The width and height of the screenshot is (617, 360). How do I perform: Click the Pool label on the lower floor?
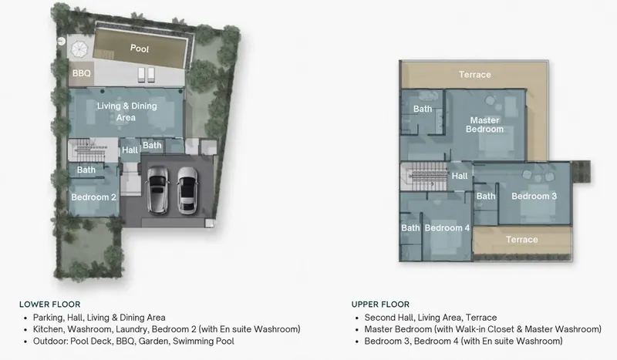tap(140, 49)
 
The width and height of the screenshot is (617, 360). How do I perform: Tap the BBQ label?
tap(82, 73)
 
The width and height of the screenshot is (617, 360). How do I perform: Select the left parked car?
tap(157, 190)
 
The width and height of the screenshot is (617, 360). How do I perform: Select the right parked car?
tap(187, 190)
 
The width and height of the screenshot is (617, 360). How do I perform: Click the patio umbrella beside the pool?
tap(79, 49)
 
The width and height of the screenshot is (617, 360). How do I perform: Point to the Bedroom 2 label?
tap(93, 197)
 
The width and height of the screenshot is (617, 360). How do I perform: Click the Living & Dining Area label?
tap(126, 112)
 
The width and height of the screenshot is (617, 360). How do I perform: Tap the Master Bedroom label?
tap(485, 125)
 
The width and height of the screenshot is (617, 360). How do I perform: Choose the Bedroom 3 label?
tap(534, 196)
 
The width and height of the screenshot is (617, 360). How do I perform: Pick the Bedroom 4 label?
tap(447, 228)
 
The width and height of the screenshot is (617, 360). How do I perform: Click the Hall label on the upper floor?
tap(460, 176)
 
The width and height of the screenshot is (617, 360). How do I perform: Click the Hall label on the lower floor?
tap(130, 150)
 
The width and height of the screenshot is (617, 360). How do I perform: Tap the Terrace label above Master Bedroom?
tap(475, 74)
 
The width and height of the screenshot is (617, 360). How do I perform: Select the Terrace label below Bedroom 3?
tap(522, 239)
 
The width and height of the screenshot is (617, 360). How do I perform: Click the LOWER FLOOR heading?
tap(50, 304)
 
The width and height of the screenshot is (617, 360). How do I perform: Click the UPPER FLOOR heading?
tap(380, 304)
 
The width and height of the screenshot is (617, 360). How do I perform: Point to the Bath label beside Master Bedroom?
tap(423, 109)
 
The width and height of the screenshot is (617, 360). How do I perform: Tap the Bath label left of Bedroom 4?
tap(410, 228)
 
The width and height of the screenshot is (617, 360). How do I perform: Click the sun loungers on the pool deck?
tap(147, 75)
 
